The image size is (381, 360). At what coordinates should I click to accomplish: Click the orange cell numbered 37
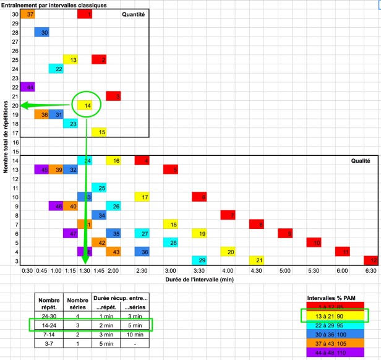(x=27, y=14)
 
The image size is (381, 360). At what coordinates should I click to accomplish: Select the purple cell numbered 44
(x=27, y=87)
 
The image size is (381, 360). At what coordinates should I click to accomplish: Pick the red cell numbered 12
(x=371, y=260)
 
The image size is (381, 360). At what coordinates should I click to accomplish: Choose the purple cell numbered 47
(x=71, y=234)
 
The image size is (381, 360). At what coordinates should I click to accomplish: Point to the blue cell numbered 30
(x=42, y=32)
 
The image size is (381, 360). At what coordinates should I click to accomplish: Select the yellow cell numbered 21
(x=257, y=260)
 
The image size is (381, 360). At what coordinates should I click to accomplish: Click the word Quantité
(x=133, y=14)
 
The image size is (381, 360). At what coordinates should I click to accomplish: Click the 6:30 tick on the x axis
(x=372, y=270)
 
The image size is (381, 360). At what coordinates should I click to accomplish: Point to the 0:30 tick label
(x=27, y=270)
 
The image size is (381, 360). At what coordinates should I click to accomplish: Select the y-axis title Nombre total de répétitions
(x=5, y=139)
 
